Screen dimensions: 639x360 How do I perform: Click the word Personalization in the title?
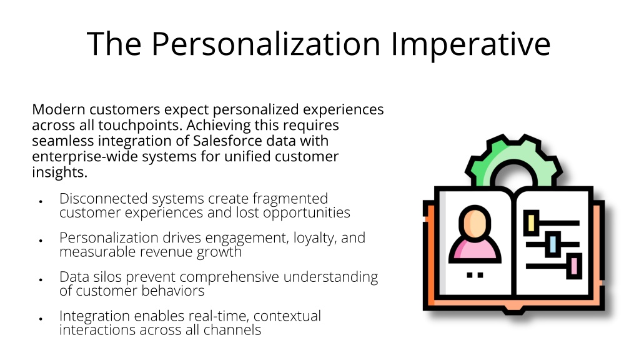(265, 44)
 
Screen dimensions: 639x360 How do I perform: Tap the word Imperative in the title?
(471, 44)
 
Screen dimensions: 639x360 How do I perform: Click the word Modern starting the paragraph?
(58, 109)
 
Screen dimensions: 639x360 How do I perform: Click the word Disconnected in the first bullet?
(103, 199)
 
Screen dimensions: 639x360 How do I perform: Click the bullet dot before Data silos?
(41, 280)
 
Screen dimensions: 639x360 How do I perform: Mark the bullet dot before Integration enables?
(41, 319)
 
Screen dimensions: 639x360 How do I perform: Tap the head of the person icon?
(475, 222)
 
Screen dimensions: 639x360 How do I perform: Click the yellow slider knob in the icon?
(531, 222)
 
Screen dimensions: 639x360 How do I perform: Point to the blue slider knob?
(553, 244)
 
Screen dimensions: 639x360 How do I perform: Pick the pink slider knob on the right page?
(574, 266)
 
